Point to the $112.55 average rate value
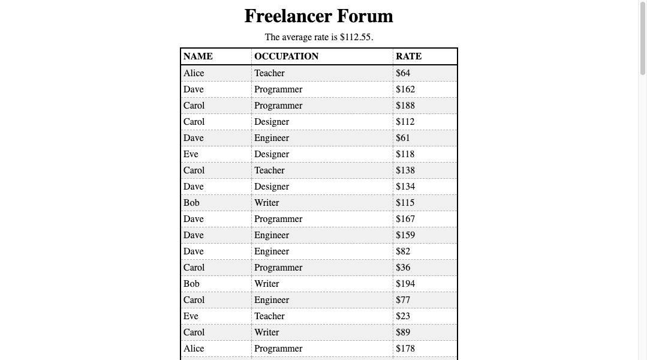click(356, 37)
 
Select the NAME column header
click(198, 56)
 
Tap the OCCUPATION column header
click(286, 56)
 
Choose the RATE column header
click(408, 56)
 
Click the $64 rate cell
click(403, 73)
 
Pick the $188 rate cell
click(405, 106)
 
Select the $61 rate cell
click(403, 138)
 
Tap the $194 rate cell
click(405, 284)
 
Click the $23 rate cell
click(403, 316)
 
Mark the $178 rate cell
click(405, 349)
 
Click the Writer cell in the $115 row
click(266, 203)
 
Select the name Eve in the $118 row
click(191, 154)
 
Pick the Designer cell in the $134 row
click(272, 187)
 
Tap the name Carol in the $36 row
click(194, 268)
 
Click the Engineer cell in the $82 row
click(272, 251)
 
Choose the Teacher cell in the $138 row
click(269, 170)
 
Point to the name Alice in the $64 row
click(194, 73)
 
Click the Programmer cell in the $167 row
click(278, 219)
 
